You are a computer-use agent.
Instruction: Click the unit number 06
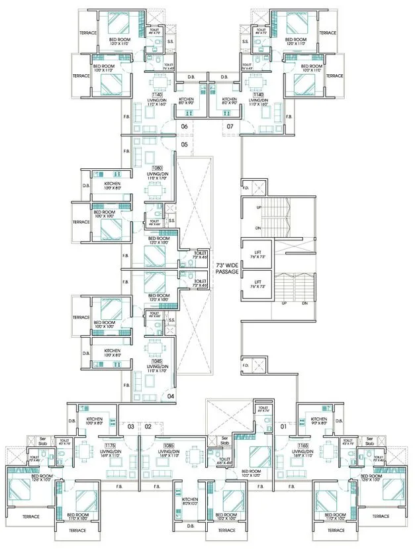coord(185,126)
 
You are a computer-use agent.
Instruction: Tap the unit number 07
coord(230,126)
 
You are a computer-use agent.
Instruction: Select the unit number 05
coord(185,144)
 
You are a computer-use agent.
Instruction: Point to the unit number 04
coord(171,396)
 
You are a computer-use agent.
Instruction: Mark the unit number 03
coord(131,427)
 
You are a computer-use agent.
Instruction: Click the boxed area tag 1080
coord(158,168)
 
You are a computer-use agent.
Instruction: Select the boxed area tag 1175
coord(110,446)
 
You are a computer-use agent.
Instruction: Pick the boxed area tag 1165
coord(302,446)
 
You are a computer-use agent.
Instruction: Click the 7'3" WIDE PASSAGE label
coord(227,268)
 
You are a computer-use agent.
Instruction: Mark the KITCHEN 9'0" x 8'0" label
coord(319,422)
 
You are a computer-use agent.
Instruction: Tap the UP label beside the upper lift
coord(259,208)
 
